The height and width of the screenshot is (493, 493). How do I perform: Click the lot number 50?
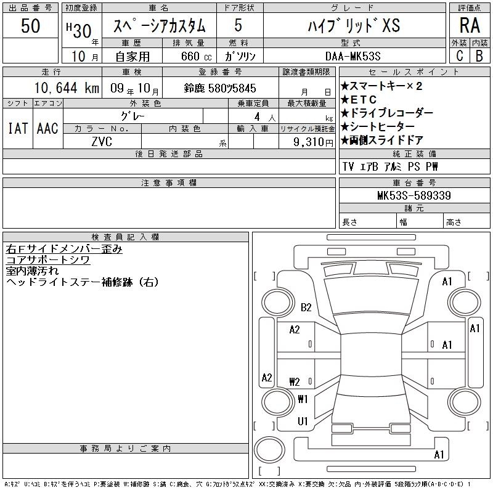(x=30, y=26)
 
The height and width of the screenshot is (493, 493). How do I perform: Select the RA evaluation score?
(x=470, y=25)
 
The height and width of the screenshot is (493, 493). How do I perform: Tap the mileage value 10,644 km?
(x=67, y=88)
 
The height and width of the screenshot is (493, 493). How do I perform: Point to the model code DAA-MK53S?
(x=352, y=56)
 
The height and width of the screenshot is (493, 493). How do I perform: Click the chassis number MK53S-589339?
(x=414, y=195)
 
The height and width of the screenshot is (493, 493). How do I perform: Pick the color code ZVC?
(x=102, y=142)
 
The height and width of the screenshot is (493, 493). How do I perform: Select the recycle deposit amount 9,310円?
(x=313, y=142)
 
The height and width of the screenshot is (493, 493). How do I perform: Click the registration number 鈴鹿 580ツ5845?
(x=220, y=88)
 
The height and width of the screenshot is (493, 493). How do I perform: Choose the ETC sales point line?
(x=359, y=100)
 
